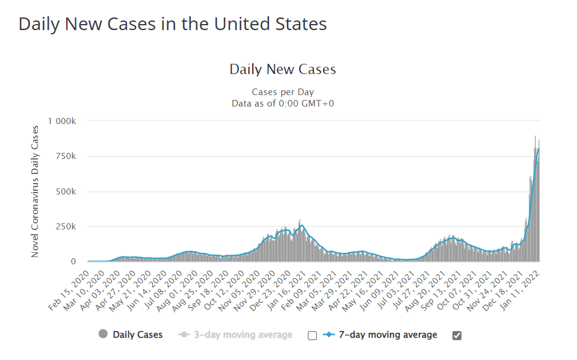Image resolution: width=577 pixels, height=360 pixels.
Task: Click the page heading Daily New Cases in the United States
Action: [x=173, y=24]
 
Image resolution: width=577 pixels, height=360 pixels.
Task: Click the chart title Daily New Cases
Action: [x=283, y=69]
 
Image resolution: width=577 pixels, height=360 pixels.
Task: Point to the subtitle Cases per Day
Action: [x=283, y=92]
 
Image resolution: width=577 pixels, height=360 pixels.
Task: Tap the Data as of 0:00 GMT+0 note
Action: [x=283, y=103]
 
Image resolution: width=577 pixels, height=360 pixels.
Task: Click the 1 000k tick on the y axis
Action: [x=62, y=121]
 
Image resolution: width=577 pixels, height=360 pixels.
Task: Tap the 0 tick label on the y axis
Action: [x=73, y=261]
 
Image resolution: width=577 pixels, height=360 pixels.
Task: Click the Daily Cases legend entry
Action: [x=137, y=335]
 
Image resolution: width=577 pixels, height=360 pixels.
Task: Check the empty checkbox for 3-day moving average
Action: [x=312, y=335]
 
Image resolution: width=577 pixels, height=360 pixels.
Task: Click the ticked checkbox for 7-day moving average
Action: [x=456, y=335]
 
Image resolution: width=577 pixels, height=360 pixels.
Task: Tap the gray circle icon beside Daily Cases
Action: [x=103, y=335]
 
